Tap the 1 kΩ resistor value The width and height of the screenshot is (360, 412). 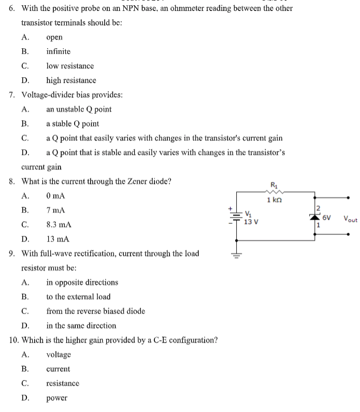coord(274,200)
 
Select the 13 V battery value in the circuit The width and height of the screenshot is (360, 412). coord(252,222)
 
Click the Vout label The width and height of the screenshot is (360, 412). coord(350,219)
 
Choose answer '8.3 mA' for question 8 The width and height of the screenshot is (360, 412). coord(59,225)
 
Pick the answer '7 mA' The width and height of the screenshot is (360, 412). coord(55,211)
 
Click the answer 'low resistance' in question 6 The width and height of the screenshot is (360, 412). coord(70,66)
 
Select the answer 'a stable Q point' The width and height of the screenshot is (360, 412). coord(73,124)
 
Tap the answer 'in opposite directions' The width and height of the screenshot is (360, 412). coord(82,282)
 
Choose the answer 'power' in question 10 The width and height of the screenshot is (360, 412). coord(56,399)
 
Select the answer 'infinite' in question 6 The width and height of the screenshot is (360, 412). coord(58,51)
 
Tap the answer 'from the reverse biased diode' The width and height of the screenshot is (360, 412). coord(95,311)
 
